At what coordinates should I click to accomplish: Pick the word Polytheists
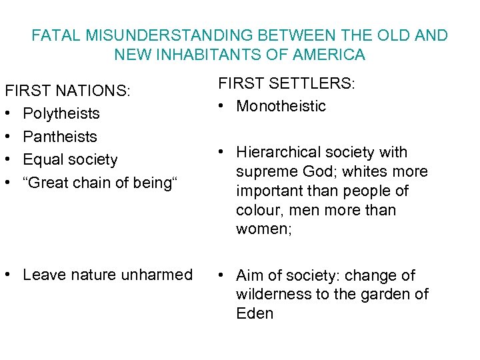[61, 113]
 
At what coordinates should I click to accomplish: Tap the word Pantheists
[60, 137]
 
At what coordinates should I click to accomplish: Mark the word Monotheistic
[281, 106]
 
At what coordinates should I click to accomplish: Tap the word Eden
[255, 313]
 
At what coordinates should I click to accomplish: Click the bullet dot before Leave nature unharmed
[8, 275]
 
